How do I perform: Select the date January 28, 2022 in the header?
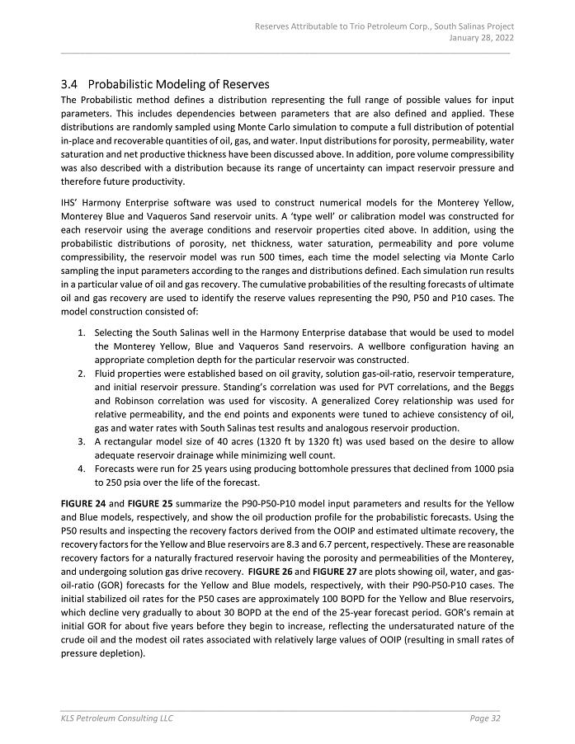click(x=481, y=39)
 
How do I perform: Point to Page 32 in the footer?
click(x=485, y=718)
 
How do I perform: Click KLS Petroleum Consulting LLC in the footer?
click(x=117, y=718)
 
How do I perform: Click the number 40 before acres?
click(x=217, y=441)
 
